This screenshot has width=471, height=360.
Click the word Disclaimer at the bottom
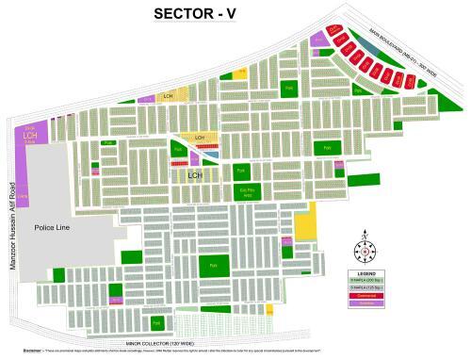[x=18, y=354]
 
